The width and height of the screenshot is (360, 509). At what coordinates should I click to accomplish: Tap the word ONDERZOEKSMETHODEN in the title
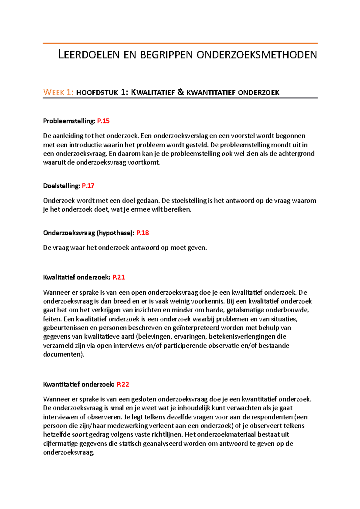[256, 55]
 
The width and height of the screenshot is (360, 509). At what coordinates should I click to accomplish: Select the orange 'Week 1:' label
[58, 92]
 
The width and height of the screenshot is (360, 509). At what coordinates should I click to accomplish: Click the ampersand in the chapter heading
[181, 92]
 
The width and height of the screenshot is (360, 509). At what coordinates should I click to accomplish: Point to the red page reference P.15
[103, 121]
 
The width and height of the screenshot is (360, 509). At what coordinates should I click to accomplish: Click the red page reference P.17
[88, 186]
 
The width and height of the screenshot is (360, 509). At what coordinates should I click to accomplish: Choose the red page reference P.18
[142, 233]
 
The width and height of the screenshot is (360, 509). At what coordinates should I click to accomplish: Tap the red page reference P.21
[118, 277]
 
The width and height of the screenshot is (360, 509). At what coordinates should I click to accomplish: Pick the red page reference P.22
[123, 384]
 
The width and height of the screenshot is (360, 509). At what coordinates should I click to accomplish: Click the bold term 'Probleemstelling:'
[69, 121]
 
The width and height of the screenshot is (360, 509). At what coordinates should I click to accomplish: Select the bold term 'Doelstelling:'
[61, 186]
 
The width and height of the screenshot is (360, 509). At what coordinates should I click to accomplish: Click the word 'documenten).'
[64, 354]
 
